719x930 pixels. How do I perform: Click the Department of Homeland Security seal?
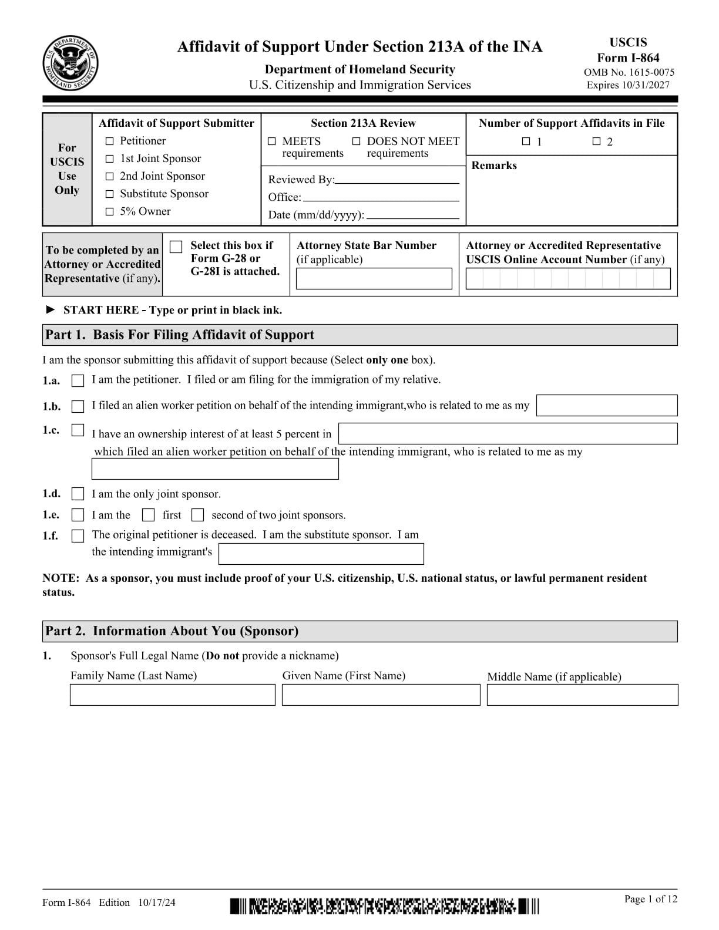click(70, 63)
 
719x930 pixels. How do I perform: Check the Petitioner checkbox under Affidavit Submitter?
click(109, 141)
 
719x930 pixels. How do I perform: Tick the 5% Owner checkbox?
click(109, 212)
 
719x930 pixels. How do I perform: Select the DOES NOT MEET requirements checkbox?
click(356, 141)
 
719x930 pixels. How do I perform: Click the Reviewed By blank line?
click(397, 180)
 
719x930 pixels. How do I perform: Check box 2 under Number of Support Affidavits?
click(596, 141)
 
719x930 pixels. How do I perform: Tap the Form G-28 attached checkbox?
click(176, 247)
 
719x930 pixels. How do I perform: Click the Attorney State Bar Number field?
click(374, 279)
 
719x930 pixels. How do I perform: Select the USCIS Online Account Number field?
click(567, 279)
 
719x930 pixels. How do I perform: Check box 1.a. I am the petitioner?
click(78, 381)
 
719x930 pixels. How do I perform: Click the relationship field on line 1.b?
click(607, 406)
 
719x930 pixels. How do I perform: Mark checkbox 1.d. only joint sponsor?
click(78, 494)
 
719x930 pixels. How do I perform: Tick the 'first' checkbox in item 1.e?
click(149, 515)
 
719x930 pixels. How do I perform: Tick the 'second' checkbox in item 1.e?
click(198, 515)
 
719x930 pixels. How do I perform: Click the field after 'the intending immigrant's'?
click(321, 554)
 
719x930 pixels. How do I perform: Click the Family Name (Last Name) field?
click(172, 695)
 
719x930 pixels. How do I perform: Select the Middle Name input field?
click(582, 695)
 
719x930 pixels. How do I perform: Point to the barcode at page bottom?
click(384, 906)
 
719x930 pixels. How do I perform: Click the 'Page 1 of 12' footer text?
click(650, 899)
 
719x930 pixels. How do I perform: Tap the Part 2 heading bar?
click(359, 631)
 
